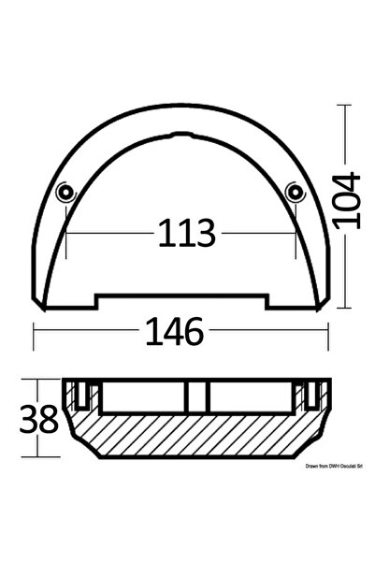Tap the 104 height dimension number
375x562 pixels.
click(x=347, y=202)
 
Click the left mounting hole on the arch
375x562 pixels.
click(x=65, y=194)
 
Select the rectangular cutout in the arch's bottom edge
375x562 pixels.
click(x=181, y=300)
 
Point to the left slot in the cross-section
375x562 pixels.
click(x=84, y=396)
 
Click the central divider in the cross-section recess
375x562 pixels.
click(x=195, y=398)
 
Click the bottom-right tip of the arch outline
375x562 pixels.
click(x=321, y=306)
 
